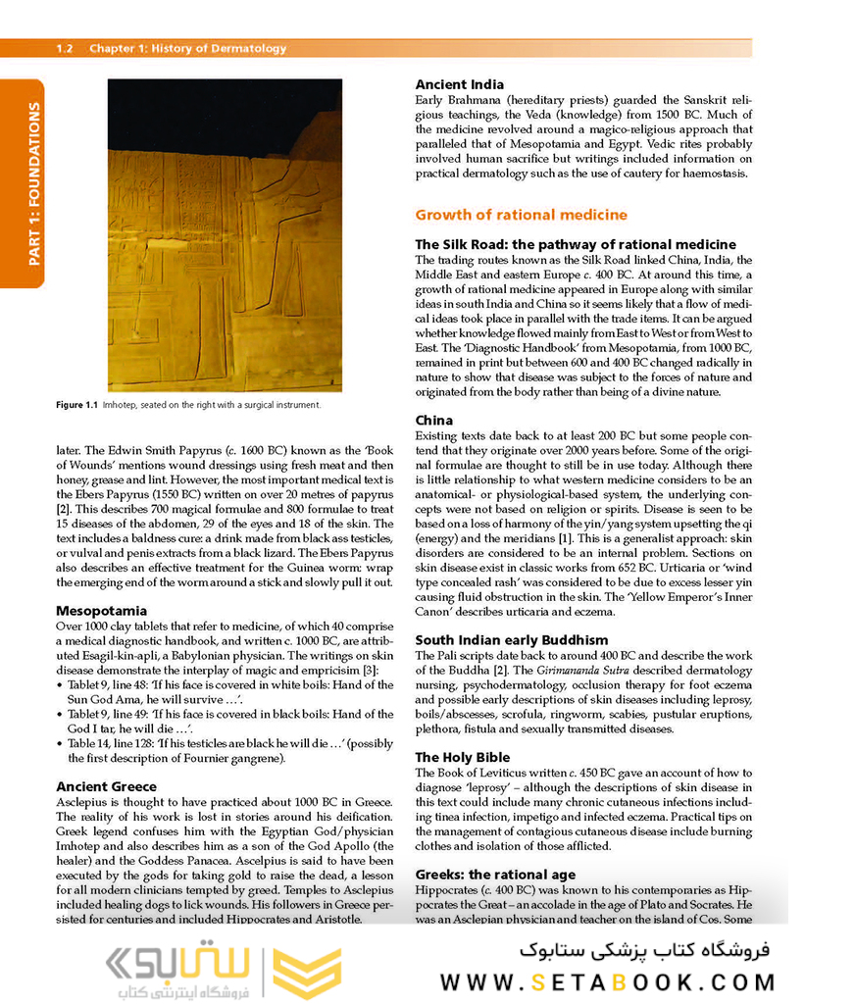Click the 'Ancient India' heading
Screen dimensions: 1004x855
pyautogui.click(x=460, y=84)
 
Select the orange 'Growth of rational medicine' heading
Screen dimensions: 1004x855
pyautogui.click(x=521, y=215)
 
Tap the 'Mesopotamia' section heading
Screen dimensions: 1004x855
pyautogui.click(x=101, y=610)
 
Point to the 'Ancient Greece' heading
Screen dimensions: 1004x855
pyautogui.click(x=106, y=786)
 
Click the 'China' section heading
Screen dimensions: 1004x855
pyautogui.click(x=433, y=420)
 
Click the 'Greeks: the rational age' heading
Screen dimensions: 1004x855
pyautogui.click(x=495, y=875)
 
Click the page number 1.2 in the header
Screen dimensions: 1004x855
pyautogui.click(x=65, y=48)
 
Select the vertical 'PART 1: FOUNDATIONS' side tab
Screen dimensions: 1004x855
pyautogui.click(x=34, y=183)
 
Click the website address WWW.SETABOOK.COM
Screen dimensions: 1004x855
pyautogui.click(x=607, y=982)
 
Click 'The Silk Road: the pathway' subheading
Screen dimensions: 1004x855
pyautogui.click(x=575, y=244)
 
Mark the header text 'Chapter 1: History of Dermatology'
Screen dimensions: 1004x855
pyautogui.click(x=188, y=48)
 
